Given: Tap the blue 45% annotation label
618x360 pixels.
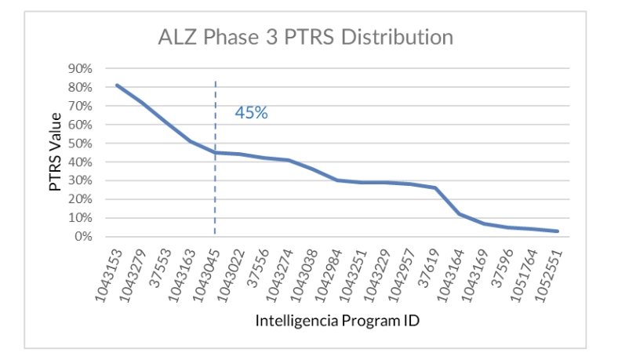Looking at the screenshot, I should [x=251, y=113].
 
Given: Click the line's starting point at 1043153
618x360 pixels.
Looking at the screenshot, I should [x=117, y=85].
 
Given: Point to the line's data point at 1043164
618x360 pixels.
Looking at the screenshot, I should [x=460, y=213].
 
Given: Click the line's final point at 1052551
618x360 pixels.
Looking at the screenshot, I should [x=558, y=231].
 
